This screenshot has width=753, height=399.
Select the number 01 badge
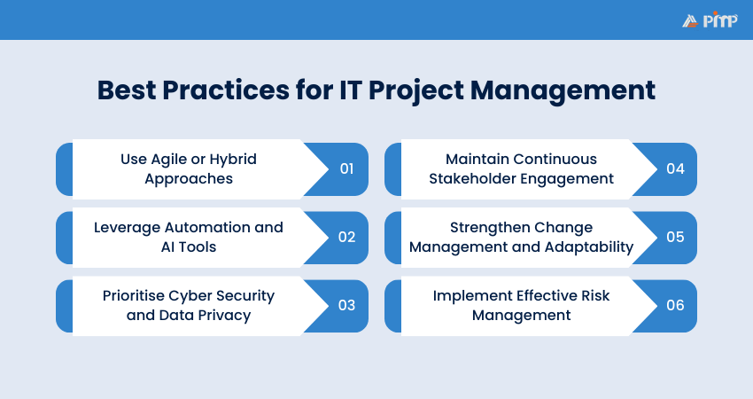tap(346, 168)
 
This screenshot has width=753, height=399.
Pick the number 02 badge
tap(346, 237)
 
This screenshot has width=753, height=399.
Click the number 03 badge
tap(346, 305)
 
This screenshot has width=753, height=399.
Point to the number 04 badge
tap(675, 168)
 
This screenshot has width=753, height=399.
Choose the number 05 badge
tap(675, 237)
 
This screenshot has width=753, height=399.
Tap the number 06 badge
tap(675, 305)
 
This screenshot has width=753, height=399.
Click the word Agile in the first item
tap(171, 159)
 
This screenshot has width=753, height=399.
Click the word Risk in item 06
tap(591, 295)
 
